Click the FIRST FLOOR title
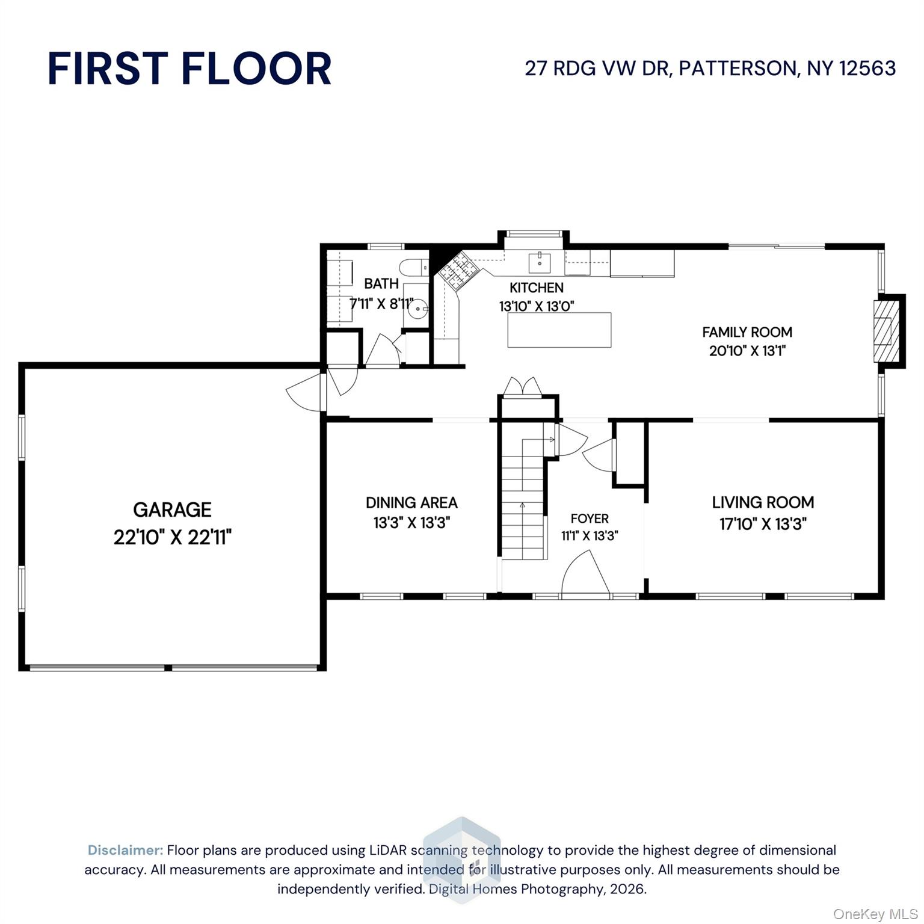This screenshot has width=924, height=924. (189, 68)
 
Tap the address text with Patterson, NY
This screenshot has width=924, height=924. (710, 68)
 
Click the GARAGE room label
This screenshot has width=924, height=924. (172, 510)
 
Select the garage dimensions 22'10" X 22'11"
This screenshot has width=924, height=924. (172, 537)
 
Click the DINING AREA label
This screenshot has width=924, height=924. (411, 502)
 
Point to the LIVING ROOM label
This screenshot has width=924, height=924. (763, 502)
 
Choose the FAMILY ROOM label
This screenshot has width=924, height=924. (747, 332)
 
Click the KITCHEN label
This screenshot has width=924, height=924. (537, 288)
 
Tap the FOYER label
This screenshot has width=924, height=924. (590, 519)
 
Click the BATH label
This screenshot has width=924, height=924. (381, 283)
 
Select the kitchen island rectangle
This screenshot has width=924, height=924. (559, 330)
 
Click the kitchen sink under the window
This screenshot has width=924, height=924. (540, 262)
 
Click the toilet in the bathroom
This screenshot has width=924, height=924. (414, 266)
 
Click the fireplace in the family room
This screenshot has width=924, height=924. (884, 330)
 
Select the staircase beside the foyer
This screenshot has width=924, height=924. (522, 499)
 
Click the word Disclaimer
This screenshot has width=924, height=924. (125, 850)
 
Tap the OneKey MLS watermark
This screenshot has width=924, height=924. (875, 914)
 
